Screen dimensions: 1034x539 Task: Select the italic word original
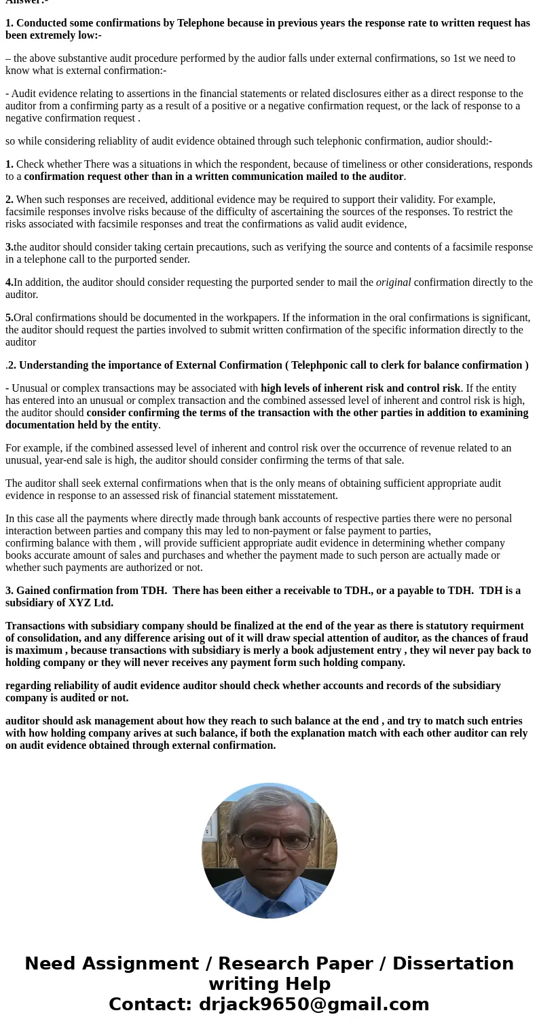[x=393, y=282]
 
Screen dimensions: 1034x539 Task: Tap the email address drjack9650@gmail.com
[x=314, y=1004]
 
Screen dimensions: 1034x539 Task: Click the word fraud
[x=514, y=638]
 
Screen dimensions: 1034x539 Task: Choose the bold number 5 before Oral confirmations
[x=9, y=318]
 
